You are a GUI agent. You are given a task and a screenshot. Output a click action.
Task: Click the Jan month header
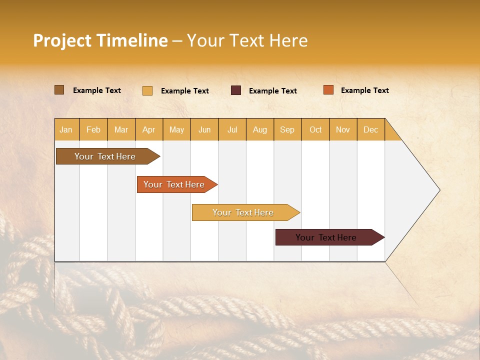click(x=66, y=129)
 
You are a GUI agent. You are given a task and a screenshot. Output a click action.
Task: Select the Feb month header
click(x=93, y=129)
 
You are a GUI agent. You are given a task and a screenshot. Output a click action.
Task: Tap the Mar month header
click(x=121, y=129)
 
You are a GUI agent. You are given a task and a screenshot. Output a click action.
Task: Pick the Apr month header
click(x=149, y=129)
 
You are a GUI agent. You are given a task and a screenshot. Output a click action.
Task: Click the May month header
click(x=176, y=129)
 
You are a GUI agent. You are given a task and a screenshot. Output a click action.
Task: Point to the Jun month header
click(x=204, y=129)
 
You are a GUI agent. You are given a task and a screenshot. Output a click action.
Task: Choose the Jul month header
click(x=232, y=129)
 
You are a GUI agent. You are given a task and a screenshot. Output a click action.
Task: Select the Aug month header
click(x=260, y=129)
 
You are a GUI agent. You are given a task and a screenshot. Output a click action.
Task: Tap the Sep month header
click(x=287, y=129)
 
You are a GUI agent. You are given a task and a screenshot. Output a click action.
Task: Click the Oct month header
click(x=315, y=129)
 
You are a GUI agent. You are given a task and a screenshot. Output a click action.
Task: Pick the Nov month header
click(x=343, y=129)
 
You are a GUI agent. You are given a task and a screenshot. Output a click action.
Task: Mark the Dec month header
click(x=371, y=129)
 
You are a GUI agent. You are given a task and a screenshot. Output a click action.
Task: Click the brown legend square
click(x=59, y=90)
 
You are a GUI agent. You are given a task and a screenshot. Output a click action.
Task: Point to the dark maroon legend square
click(x=236, y=90)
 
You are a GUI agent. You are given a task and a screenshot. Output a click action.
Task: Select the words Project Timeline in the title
click(x=100, y=40)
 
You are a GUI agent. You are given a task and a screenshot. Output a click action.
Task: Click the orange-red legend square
click(x=328, y=90)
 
